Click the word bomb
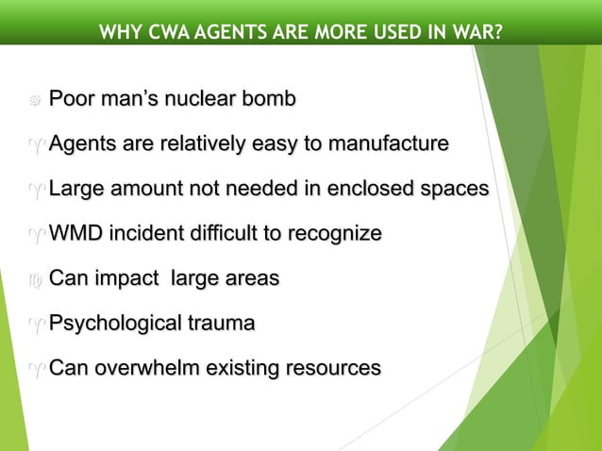click(x=269, y=99)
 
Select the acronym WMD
click(x=74, y=234)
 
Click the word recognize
click(x=329, y=234)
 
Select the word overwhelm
click(x=137, y=368)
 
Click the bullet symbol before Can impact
click(x=34, y=280)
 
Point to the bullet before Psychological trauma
click(x=34, y=326)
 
